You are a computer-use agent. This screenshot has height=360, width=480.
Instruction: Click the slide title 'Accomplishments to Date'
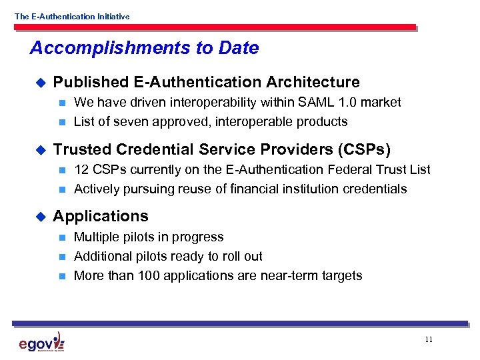(144, 48)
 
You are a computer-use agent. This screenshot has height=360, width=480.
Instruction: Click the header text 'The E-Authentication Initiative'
(72, 17)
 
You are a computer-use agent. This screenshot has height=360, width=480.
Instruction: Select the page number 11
(428, 339)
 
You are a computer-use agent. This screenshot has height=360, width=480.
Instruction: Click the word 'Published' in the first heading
(91, 82)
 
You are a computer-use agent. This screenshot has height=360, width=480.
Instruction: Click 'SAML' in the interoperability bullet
(320, 102)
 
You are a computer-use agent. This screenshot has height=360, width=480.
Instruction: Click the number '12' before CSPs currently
(81, 169)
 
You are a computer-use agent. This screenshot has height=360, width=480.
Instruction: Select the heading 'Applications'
(101, 216)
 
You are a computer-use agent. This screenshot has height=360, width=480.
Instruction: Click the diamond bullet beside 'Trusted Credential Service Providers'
(39, 149)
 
